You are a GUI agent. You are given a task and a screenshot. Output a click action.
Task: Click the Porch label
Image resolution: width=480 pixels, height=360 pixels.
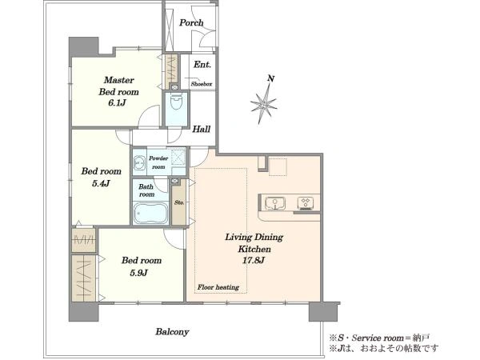[x=191, y=23]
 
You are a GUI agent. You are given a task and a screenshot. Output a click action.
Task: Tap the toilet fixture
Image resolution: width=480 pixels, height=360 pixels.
[x=176, y=102]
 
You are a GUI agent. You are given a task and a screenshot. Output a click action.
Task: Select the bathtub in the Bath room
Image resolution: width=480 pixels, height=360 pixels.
[x=150, y=213]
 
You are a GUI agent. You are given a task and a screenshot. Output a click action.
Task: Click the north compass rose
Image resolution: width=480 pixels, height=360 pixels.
[x=263, y=103]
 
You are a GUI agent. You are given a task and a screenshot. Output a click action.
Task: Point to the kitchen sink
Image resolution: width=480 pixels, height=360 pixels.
[x=275, y=203]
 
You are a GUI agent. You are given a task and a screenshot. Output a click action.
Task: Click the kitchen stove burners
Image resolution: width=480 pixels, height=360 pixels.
[x=306, y=203]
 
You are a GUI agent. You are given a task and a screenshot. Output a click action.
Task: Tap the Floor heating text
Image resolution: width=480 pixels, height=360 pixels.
[x=218, y=287]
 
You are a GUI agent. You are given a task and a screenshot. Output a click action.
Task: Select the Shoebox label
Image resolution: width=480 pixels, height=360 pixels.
[x=202, y=83]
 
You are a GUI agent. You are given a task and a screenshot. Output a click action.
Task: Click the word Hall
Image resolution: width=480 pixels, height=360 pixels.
[x=201, y=129]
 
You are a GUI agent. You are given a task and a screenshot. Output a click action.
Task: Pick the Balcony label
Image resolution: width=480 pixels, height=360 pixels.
[x=172, y=332]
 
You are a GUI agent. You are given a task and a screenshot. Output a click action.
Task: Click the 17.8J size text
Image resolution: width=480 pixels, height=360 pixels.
[x=254, y=261]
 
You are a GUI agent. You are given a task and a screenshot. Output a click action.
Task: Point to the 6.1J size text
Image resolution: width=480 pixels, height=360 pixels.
[x=117, y=103]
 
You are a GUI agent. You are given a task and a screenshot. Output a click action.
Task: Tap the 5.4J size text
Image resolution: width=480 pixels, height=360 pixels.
[x=101, y=184]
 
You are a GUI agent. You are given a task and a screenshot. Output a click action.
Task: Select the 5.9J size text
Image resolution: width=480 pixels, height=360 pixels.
[x=138, y=273]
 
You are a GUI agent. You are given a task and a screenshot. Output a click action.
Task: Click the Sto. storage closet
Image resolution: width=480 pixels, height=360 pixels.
[x=178, y=202]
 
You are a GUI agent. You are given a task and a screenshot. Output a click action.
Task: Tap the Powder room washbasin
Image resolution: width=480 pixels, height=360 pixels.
[x=139, y=163]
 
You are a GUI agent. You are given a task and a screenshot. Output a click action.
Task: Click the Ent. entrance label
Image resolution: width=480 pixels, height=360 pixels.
[x=202, y=65]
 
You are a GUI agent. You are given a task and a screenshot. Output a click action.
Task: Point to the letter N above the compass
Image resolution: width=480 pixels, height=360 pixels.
[x=270, y=78]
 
